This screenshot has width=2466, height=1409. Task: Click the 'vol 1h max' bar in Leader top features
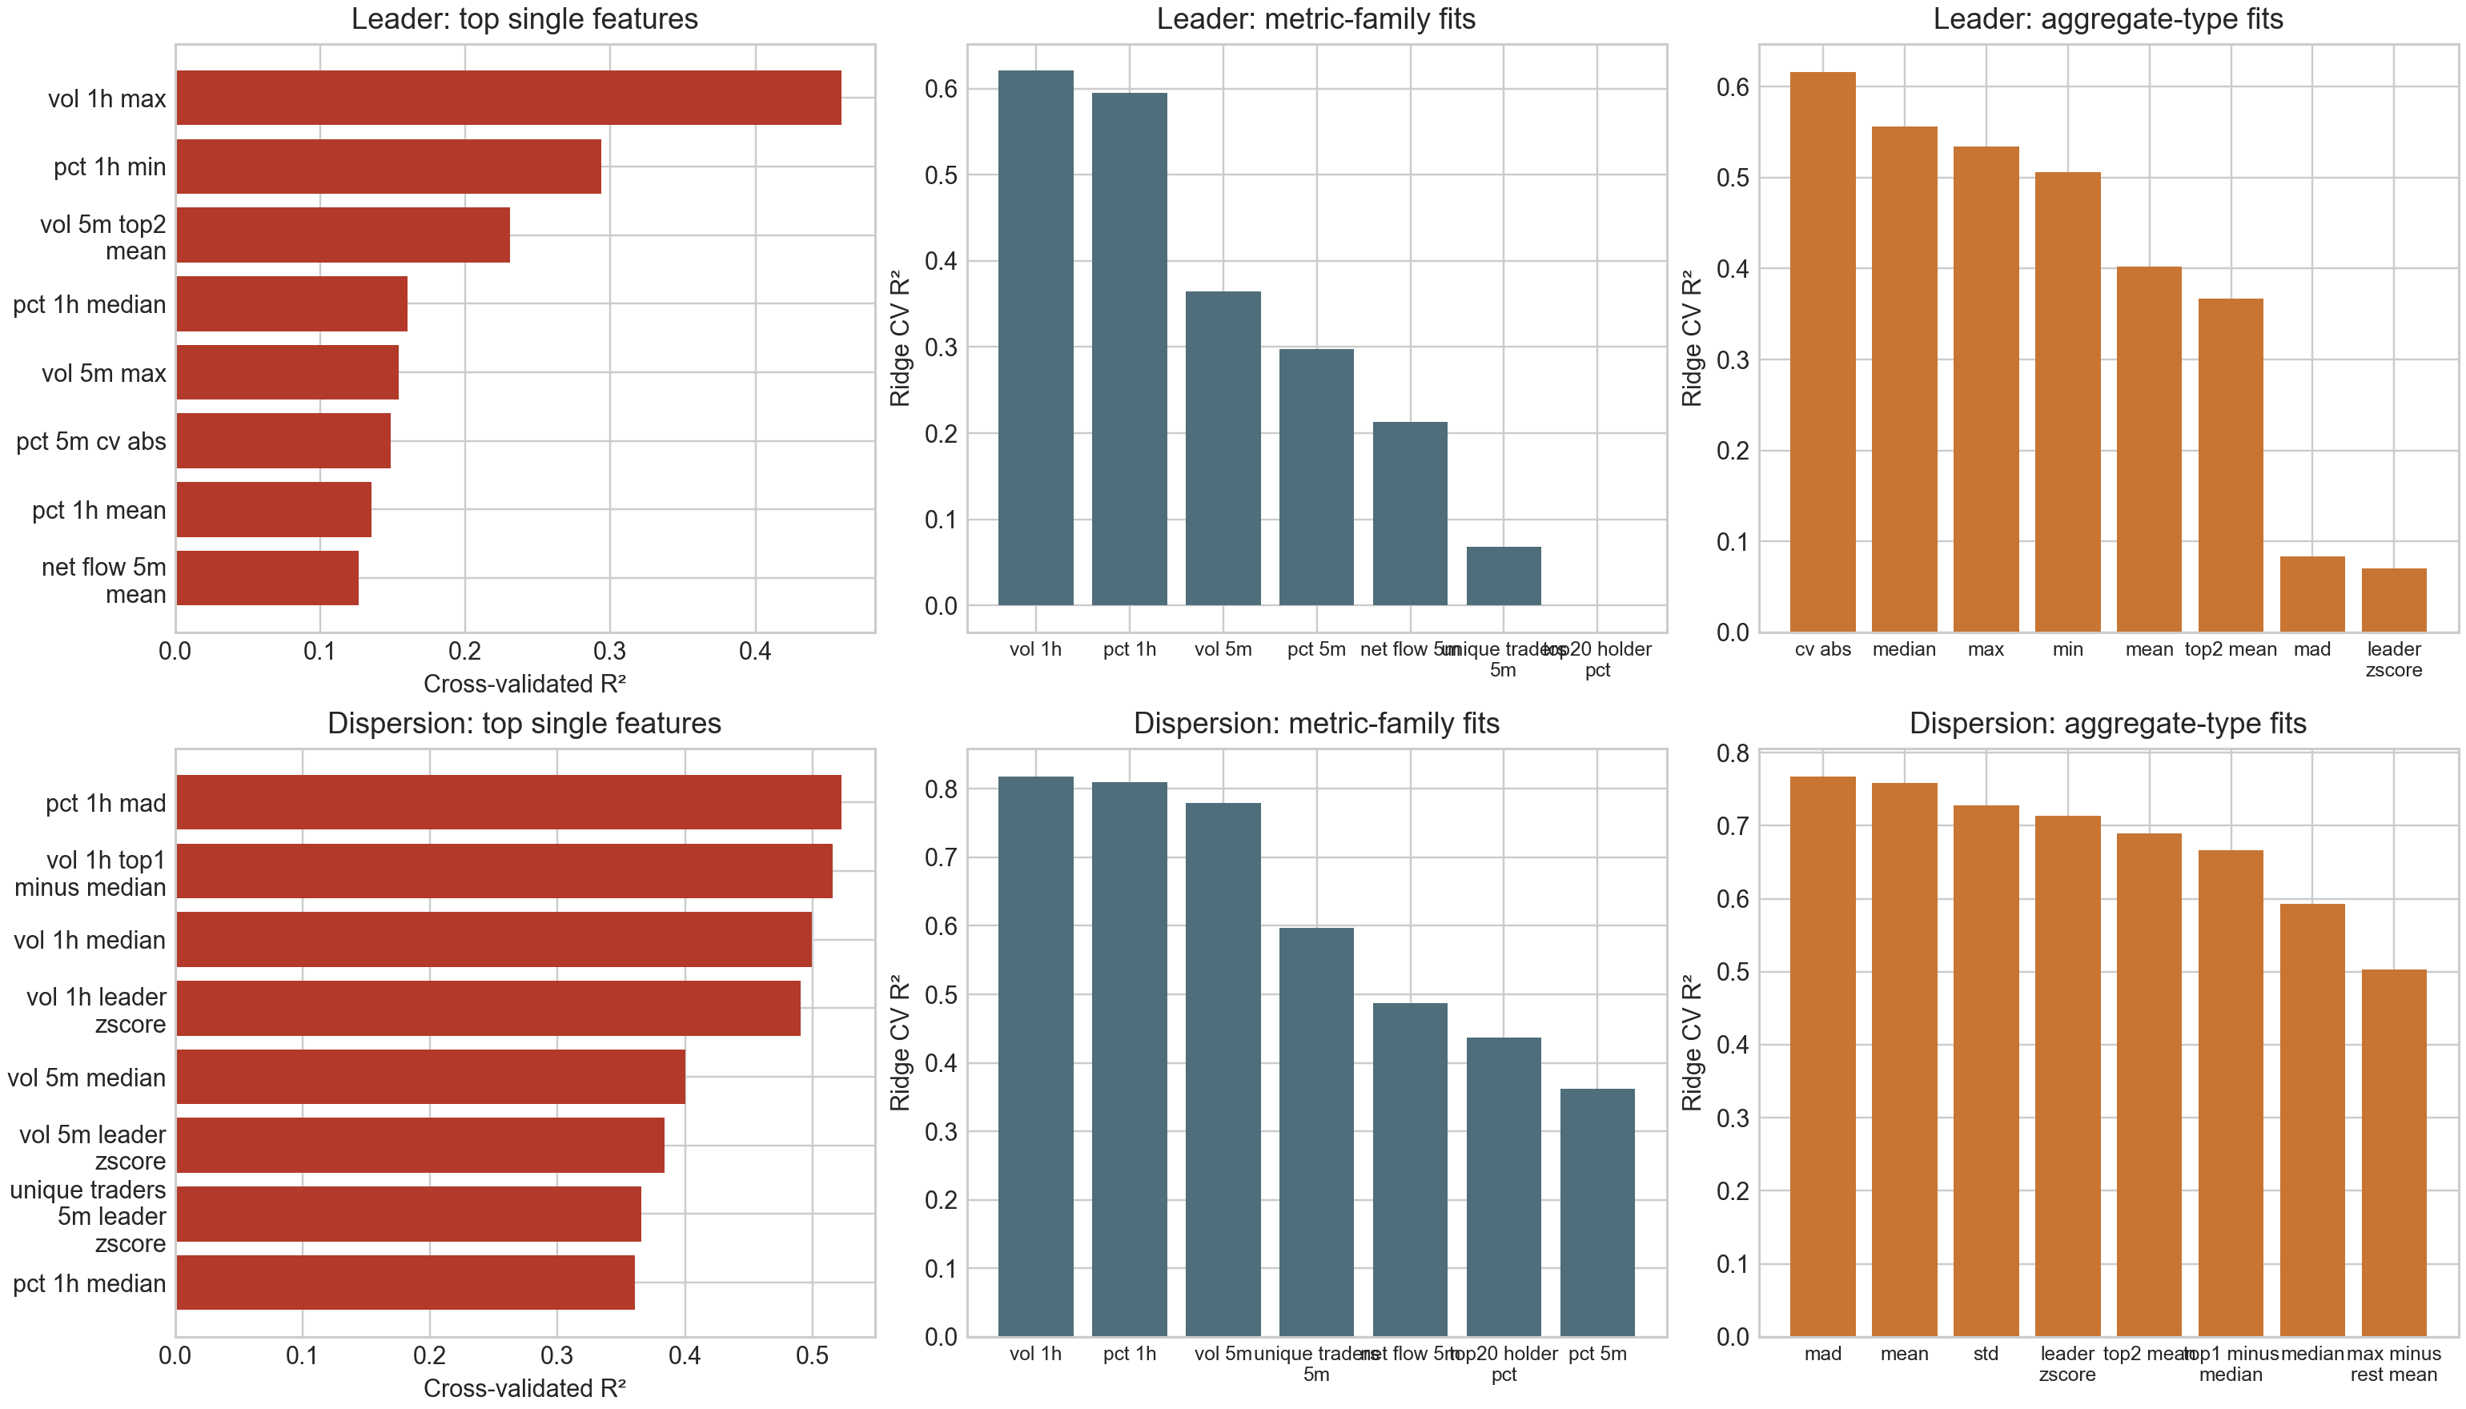pos(508,98)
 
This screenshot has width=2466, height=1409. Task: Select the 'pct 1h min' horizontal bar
pos(388,167)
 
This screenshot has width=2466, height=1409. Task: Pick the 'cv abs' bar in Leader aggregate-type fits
pos(1822,352)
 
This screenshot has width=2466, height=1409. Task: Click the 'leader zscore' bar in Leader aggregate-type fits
pos(2393,601)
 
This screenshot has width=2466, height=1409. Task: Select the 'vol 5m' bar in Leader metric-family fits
pos(1223,449)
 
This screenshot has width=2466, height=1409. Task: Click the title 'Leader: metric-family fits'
pos(1315,19)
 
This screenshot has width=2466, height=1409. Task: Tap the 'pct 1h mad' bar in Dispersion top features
pos(508,802)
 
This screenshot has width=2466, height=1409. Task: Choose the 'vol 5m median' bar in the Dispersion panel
pos(431,1077)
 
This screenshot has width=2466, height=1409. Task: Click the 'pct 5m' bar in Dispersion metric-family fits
pos(1597,1213)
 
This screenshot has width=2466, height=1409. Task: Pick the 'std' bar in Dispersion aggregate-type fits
pos(1985,1070)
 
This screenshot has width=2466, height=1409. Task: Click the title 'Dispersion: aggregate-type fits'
pos(2107,724)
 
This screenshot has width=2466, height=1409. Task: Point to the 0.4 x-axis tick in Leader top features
pos(755,652)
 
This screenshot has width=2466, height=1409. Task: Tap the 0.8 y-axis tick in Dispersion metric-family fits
pos(941,789)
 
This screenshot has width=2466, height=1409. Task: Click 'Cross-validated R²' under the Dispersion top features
pos(524,1387)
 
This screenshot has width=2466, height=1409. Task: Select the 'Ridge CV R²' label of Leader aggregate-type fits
pos(1692,339)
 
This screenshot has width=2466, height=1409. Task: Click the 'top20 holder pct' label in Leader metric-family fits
pos(1597,659)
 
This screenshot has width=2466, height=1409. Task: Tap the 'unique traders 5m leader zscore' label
pos(89,1216)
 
